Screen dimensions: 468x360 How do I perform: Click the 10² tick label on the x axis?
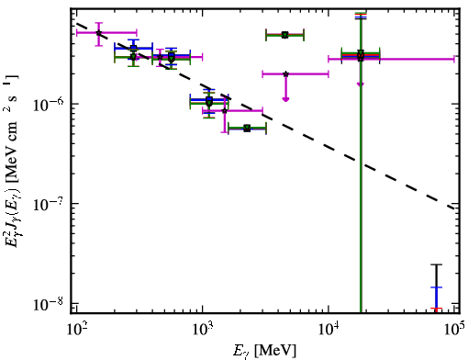[x=76, y=329]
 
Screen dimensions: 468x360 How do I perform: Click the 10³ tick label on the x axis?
[x=202, y=329]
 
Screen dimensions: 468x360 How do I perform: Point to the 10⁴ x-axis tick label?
[x=329, y=329]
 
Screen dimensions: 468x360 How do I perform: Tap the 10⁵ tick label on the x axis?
[x=455, y=329]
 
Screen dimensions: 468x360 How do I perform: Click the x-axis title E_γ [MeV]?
[x=264, y=350]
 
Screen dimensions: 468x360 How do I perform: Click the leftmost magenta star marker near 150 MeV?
[x=98, y=33]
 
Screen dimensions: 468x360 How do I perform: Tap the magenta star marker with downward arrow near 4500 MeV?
[x=285, y=74]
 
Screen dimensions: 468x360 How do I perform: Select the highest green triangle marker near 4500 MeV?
[x=285, y=35]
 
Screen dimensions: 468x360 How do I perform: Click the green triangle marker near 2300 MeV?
[x=247, y=129]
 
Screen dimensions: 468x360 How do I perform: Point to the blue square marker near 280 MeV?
[x=133, y=48]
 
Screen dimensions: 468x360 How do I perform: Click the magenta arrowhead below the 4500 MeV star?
[x=285, y=99]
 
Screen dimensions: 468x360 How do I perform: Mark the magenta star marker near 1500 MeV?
[x=225, y=110]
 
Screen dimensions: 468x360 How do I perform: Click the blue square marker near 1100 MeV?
[x=209, y=100]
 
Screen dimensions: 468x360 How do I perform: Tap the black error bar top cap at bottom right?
[x=437, y=264]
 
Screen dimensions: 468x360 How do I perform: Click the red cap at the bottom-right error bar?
[x=437, y=309]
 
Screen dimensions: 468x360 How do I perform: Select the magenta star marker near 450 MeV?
[x=160, y=57]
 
